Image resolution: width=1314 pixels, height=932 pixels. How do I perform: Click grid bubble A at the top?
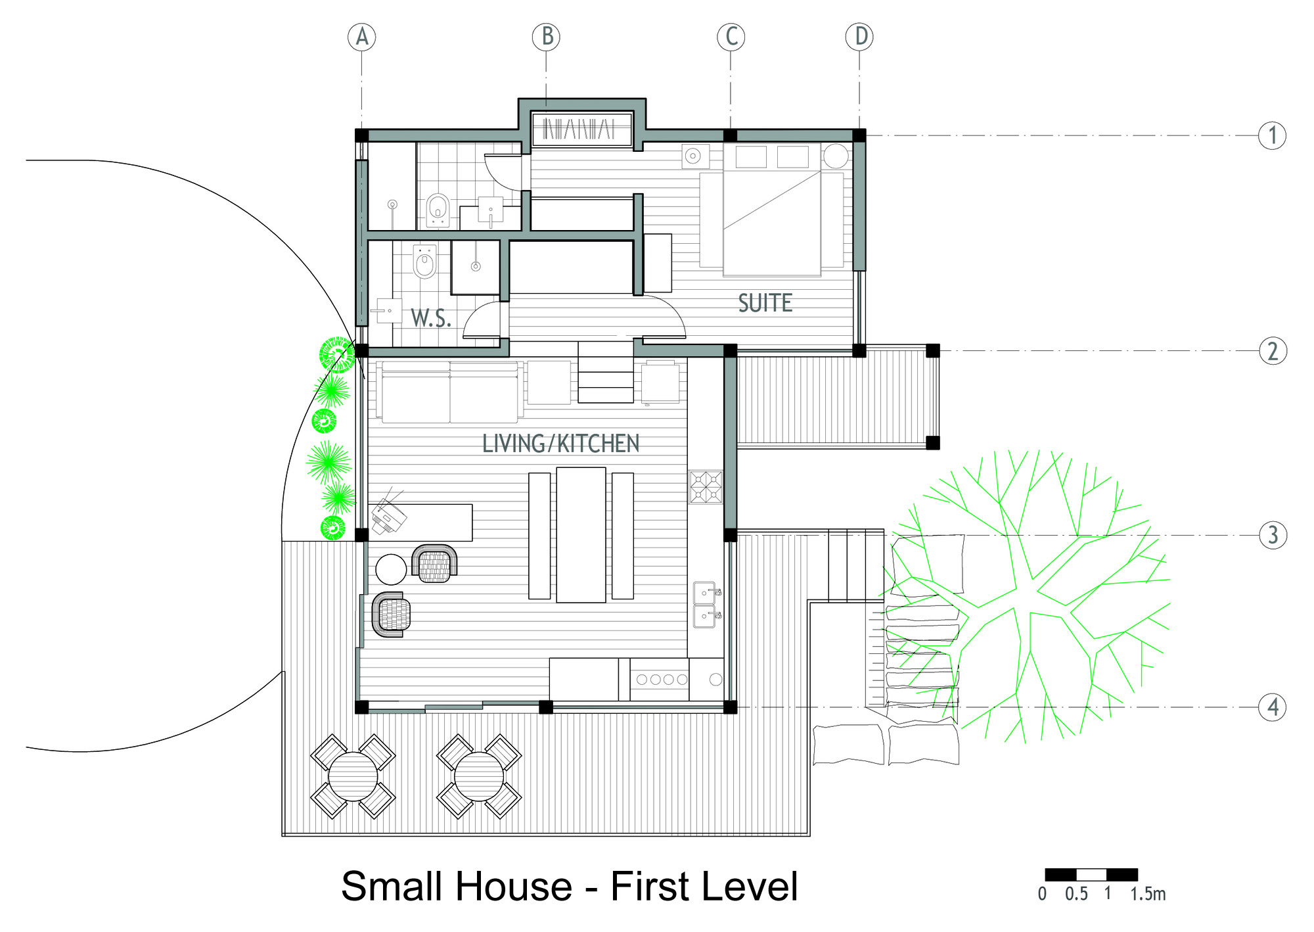pyautogui.click(x=362, y=37)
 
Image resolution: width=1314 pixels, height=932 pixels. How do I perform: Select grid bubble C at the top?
pyautogui.click(x=731, y=37)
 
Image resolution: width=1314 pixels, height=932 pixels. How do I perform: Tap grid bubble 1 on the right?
pyautogui.click(x=1273, y=135)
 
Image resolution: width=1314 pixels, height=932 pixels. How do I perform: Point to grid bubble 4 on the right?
pyautogui.click(x=1273, y=707)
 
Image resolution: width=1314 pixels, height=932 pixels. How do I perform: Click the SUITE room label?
pyautogui.click(x=765, y=303)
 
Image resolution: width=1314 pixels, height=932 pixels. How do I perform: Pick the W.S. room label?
pyautogui.click(x=431, y=318)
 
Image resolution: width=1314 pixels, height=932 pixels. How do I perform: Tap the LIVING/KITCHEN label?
pyautogui.click(x=561, y=444)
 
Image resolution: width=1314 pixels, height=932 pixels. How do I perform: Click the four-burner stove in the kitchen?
pyautogui.click(x=706, y=487)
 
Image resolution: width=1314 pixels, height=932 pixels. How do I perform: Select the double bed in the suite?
pyautogui.click(x=772, y=210)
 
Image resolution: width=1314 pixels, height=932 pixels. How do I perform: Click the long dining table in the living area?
pyautogui.click(x=581, y=534)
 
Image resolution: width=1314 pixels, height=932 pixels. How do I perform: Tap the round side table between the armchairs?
pyautogui.click(x=391, y=569)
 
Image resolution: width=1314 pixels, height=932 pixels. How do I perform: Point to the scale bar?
pyautogui.click(x=1091, y=875)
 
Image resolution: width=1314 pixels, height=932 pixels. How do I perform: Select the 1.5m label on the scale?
pyautogui.click(x=1148, y=894)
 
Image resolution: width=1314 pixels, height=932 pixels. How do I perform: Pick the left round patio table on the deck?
pyautogui.click(x=353, y=776)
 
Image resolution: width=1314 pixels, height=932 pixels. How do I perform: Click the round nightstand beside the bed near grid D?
pyautogui.click(x=836, y=156)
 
